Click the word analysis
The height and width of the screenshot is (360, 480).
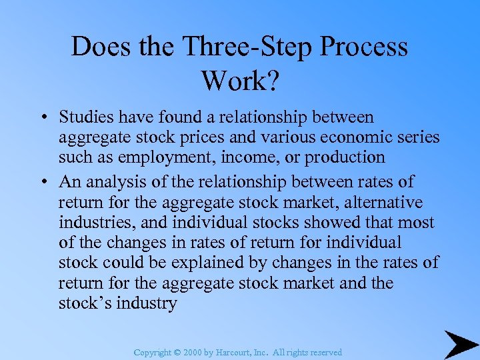pyautogui.click(x=111, y=182)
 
